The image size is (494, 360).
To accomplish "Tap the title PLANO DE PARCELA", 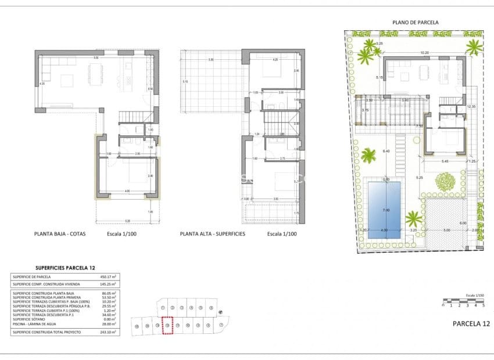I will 415,22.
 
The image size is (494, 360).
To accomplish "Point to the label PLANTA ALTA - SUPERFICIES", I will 212,234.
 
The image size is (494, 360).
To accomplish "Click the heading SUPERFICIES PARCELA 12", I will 65,268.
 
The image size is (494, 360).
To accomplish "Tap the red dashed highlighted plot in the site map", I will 167,325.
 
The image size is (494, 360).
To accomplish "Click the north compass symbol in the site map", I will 220,313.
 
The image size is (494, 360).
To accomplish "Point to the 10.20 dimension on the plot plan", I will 424,53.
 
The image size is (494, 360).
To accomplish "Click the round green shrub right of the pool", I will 446,182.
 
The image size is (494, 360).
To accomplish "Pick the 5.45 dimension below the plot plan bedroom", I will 445,161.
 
